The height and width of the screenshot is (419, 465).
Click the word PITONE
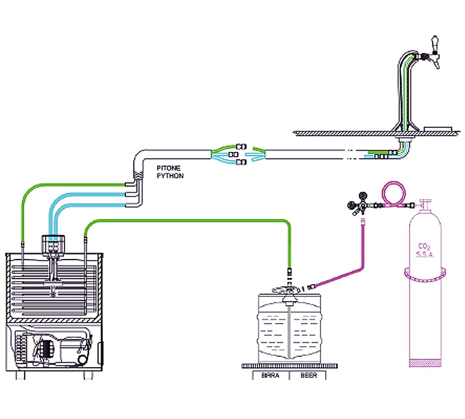tap(169, 168)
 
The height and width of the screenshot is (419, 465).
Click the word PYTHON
tap(170, 176)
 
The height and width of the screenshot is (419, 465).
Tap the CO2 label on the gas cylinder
tap(425, 246)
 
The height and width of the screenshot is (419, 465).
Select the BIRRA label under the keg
tap(270, 376)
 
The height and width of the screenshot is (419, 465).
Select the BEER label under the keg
tap(308, 376)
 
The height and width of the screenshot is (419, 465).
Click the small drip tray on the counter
tap(438, 128)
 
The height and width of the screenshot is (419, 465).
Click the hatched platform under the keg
tap(289, 366)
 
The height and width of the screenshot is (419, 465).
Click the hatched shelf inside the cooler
tap(54, 320)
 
